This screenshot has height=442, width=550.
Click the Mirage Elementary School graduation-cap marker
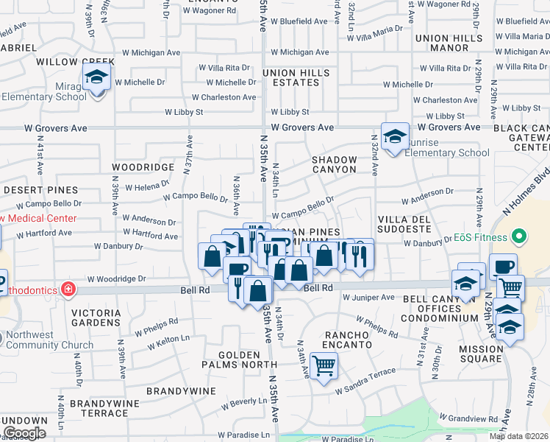[96, 77]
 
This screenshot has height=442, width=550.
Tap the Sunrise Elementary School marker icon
[395, 136]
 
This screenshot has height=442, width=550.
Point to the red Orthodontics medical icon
[68, 289]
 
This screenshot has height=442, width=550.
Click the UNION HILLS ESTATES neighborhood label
[296, 78]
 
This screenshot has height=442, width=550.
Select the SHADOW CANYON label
[334, 164]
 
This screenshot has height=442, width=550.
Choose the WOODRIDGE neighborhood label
[143, 167]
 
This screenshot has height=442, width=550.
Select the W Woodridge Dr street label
[116, 279]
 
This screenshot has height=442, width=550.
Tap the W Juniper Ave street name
[368, 298]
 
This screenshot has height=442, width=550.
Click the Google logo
[24, 433]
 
